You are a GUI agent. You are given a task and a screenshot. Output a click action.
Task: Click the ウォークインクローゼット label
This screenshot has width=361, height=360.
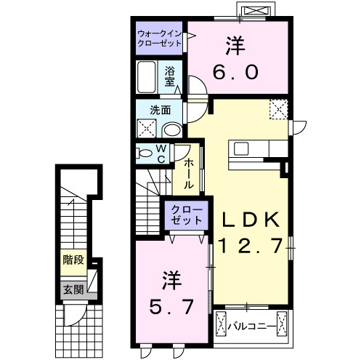pos(161,38)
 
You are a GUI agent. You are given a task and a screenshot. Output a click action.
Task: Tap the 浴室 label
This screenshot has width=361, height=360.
pos(170,76)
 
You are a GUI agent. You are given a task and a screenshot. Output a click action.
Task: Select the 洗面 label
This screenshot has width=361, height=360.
pos(161,111)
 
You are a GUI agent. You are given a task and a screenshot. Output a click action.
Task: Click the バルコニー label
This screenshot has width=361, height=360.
pos(251,325)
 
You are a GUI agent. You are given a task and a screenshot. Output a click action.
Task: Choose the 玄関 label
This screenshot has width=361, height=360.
pos(73,289)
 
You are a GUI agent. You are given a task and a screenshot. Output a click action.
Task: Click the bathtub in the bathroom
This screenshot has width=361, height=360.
pos(146,77)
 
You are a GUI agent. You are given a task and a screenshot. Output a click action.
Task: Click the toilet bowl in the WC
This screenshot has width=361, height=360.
pos(147,154)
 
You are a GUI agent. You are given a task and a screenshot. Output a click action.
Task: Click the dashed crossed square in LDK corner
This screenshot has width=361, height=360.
pos(278,109)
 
